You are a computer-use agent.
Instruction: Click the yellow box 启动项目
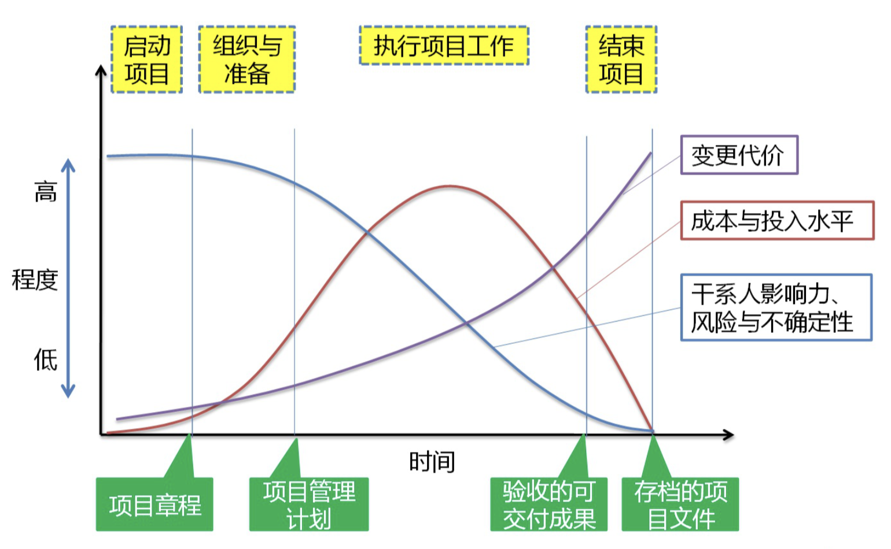146,60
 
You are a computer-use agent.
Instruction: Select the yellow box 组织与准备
247,60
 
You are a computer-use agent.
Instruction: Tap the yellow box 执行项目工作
444,45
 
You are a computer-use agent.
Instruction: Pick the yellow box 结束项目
621,60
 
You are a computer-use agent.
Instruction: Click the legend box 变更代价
739,155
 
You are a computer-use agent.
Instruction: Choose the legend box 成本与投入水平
777,221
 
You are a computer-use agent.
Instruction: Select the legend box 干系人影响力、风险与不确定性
776,307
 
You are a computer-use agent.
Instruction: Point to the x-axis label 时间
432,462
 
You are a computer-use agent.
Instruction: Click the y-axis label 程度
35,280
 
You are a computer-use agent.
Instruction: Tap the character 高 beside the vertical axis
46,191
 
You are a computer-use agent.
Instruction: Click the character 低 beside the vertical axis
46,360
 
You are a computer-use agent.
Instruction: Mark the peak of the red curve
450,186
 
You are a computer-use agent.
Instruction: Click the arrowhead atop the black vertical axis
101,70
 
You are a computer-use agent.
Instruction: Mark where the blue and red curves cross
367,232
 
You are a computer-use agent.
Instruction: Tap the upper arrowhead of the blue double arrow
68,165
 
